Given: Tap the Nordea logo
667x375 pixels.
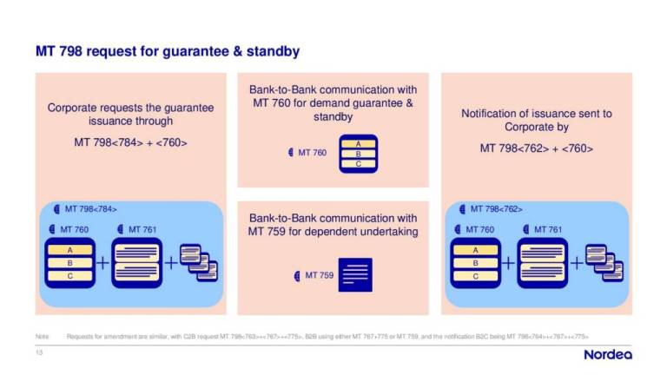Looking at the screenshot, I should pyautogui.click(x=607, y=354).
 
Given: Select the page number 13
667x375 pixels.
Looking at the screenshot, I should pyautogui.click(x=38, y=352).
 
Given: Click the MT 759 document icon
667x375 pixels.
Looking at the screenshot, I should pyautogui.click(x=354, y=275).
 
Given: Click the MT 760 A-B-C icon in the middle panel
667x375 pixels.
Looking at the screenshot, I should pyautogui.click(x=358, y=153).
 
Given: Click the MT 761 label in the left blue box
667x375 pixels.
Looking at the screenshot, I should pyautogui.click(x=142, y=229).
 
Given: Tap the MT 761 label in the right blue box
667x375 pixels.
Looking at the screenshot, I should pyautogui.click(x=547, y=229).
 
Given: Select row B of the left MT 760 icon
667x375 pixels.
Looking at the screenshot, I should pyautogui.click(x=69, y=261).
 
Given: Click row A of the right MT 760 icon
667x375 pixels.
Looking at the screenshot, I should pyautogui.click(x=475, y=249).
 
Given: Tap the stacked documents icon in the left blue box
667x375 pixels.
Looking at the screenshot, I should pyautogui.click(x=198, y=261).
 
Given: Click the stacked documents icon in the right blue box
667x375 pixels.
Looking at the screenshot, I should pyautogui.click(x=604, y=261).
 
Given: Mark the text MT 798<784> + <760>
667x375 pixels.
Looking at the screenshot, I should pyautogui.click(x=130, y=142).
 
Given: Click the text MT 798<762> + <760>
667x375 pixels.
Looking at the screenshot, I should pyautogui.click(x=536, y=148).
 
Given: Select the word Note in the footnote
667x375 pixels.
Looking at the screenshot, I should pyautogui.click(x=41, y=335).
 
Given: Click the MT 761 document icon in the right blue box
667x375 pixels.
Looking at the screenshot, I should pyautogui.click(x=542, y=261).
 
